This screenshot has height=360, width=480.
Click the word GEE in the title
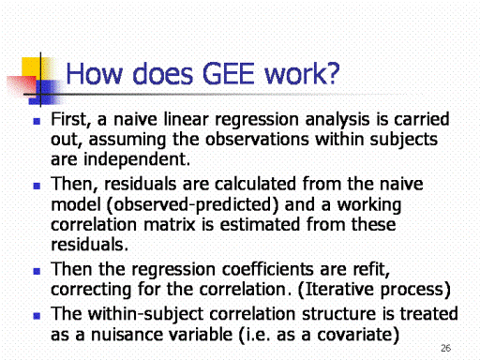coord(228,74)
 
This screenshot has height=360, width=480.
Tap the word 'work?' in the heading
coord(302,74)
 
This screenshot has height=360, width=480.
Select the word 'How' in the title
coord(94,74)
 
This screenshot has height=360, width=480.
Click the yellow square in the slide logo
coord(31,67)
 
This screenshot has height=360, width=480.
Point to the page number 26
coord(445,348)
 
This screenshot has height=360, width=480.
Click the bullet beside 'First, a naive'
coord(37,121)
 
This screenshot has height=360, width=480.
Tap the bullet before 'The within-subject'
coord(37,316)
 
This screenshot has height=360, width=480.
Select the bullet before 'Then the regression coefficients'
coord(37,271)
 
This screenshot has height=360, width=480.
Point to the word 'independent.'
coord(137,160)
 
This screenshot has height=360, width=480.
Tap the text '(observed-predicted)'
coord(192,205)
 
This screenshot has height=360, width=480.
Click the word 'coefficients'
coord(268,269)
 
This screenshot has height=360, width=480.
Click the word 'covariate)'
coord(358,335)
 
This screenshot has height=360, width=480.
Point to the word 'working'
coord(369,205)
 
